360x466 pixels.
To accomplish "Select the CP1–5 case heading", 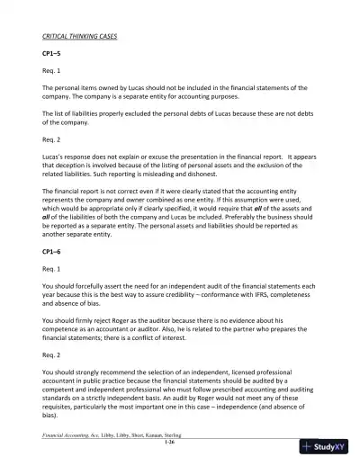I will [x=53, y=54].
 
